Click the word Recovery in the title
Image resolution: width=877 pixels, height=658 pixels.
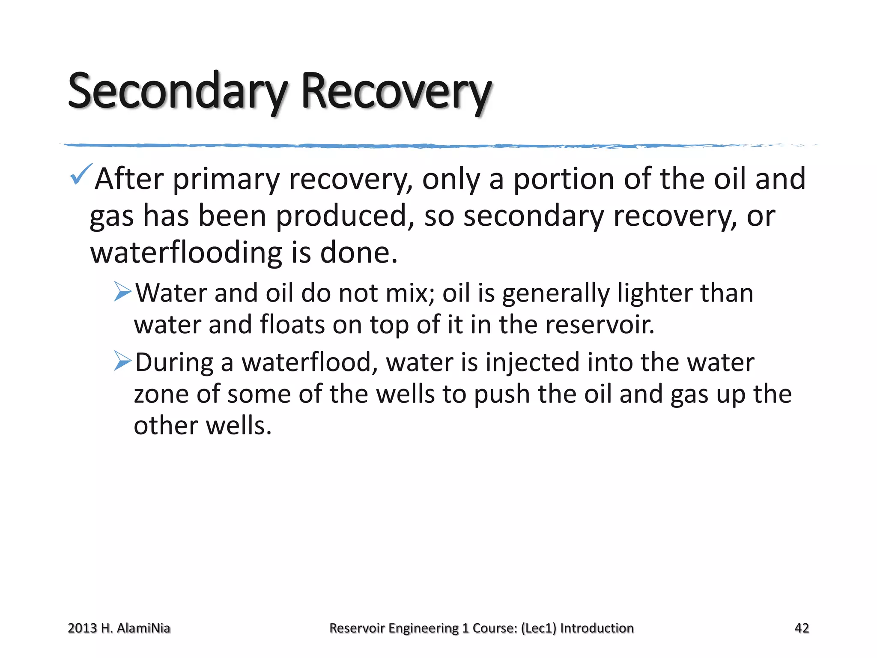coord(396,91)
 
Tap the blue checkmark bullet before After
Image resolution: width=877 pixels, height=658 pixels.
coord(81,174)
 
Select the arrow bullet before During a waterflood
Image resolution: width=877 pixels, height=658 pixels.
coord(123,361)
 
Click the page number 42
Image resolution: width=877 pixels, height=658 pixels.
coord(801,628)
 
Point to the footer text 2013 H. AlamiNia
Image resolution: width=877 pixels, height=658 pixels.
coord(119,628)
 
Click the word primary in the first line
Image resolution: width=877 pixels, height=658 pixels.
coord(226,179)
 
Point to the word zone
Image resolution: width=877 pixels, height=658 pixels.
coord(161,394)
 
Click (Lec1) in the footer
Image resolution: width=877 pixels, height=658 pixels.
coord(538,628)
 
